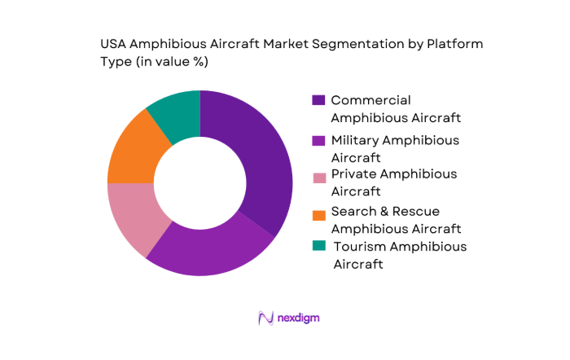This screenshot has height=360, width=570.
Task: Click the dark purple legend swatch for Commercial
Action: [318, 100]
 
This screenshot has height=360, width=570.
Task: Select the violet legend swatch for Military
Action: [318, 140]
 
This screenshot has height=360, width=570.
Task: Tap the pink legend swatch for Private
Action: [318, 174]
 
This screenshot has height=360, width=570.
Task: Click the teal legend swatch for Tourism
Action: [318, 247]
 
